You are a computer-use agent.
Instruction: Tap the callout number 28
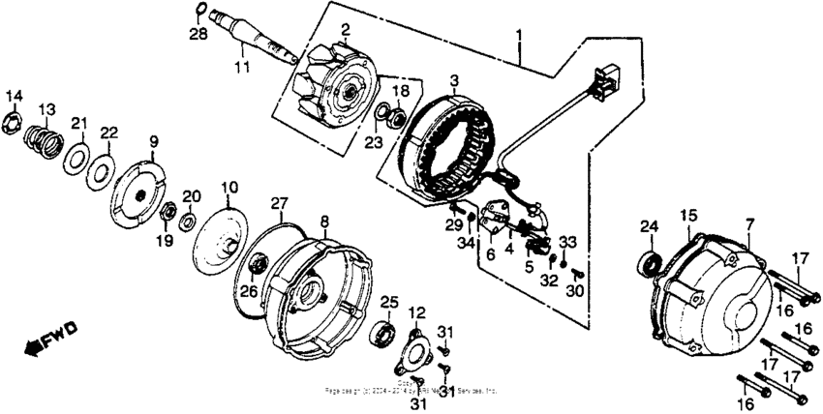coord(198,36)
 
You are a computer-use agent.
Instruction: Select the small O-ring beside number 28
coord(198,12)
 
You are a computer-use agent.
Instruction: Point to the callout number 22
coord(108,133)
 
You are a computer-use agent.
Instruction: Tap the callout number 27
coord(279,203)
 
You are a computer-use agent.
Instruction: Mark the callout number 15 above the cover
coord(688,215)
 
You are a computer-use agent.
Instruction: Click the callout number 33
coord(568,242)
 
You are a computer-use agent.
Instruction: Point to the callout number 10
coord(229,186)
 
